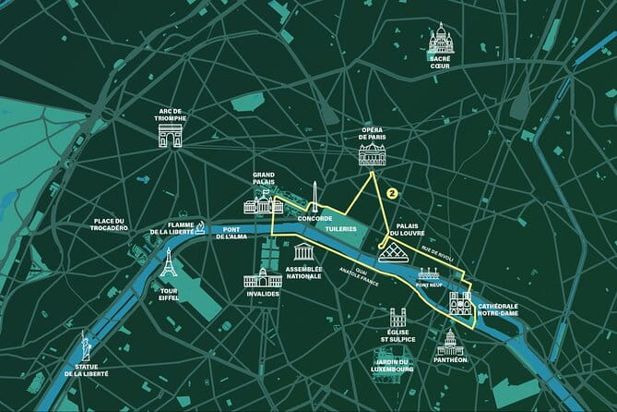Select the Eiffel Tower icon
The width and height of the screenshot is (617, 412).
pyautogui.click(x=168, y=265)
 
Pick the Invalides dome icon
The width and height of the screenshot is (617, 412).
pyautogui.click(x=262, y=276)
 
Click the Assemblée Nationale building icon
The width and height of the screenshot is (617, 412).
pyautogui.click(x=303, y=253)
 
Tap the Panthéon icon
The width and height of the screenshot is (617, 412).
pyautogui.click(x=451, y=344)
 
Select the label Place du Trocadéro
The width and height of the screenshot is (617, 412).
pyautogui.click(x=121, y=226)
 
